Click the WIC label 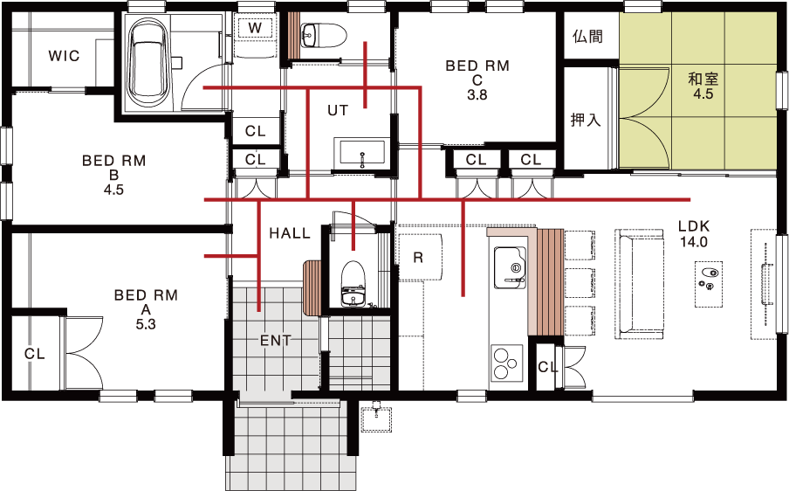(x=64, y=55)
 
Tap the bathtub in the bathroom (x=149, y=65)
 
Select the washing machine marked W (x=255, y=28)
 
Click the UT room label (x=338, y=110)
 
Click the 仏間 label (x=587, y=37)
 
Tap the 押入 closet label (x=586, y=120)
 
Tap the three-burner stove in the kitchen (x=505, y=363)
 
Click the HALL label (x=290, y=233)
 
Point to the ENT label (x=275, y=341)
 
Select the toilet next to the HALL (x=353, y=283)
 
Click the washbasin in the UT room (x=362, y=153)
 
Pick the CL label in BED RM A (x=35, y=354)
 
